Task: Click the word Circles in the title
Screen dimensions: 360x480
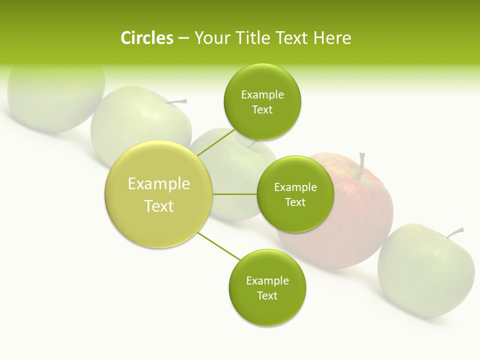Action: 146,38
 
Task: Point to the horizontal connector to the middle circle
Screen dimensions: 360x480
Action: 234,194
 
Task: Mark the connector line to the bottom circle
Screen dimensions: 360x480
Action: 219,246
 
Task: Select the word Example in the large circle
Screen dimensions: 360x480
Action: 158,184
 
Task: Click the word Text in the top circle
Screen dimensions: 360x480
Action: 262,110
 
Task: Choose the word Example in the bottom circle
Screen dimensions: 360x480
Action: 267,280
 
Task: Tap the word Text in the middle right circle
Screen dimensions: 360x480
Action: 295,202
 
